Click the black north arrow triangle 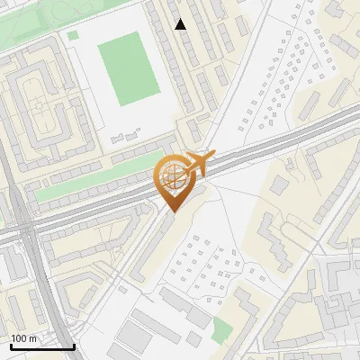181,24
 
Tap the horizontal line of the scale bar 42,346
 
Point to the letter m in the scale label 31,338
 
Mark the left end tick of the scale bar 11,345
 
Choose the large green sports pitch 129,68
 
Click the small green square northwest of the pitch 73,35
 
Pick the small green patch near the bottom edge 221,329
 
